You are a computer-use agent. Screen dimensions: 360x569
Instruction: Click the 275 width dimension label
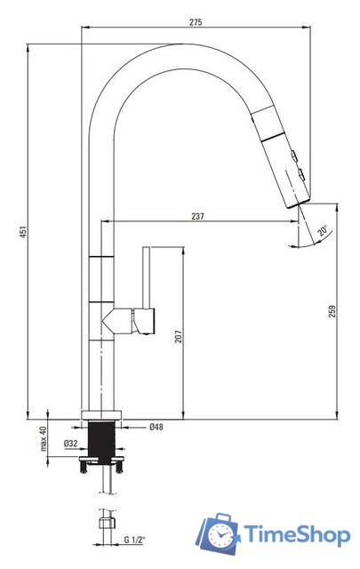coord(196,22)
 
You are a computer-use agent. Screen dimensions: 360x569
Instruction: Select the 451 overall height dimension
coord(23,232)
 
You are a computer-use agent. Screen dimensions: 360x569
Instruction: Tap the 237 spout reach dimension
coord(198,216)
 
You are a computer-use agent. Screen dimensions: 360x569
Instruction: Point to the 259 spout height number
coord(332,311)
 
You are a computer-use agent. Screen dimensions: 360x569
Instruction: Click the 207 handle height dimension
coord(178,336)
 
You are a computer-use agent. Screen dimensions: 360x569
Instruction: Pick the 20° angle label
coord(323,230)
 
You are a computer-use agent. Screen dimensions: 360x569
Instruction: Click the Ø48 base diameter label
coord(156,427)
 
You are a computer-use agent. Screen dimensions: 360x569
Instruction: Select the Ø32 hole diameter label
coord(71,443)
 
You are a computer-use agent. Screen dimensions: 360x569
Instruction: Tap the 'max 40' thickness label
coord(44,438)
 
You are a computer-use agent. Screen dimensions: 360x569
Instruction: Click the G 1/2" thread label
coord(134,540)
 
